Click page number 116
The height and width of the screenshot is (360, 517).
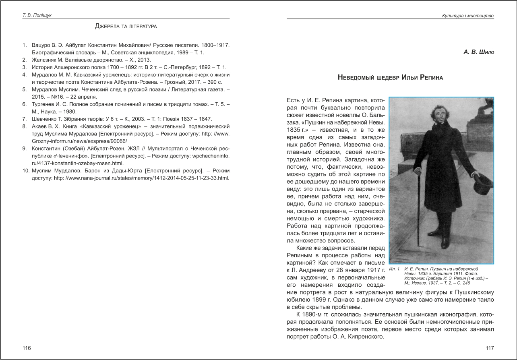pos(27,348)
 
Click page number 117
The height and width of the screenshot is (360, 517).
pos(490,348)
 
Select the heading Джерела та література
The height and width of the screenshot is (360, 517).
pos(126,27)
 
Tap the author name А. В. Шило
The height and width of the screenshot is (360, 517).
pos(479,52)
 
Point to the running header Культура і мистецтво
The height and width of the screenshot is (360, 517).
pos(468,16)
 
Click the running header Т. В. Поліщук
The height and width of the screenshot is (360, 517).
pos(37,16)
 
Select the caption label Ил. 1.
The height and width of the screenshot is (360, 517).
pos(394,269)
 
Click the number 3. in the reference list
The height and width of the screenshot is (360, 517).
pos(25,67)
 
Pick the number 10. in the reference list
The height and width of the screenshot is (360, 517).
pos(25,170)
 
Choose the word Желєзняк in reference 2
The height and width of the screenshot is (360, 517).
pos(44,60)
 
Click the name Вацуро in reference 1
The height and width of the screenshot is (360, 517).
pos(41,45)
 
